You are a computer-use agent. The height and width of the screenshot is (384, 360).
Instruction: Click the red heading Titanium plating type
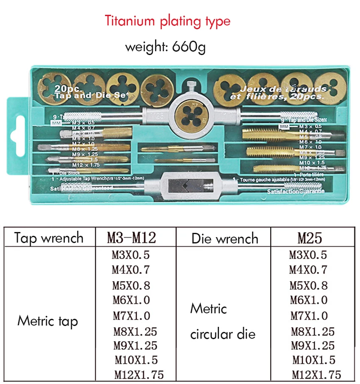coord(168,21)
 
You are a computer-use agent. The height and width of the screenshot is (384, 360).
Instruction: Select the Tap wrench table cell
coord(49,238)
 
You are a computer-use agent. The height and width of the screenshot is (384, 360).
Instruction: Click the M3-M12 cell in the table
coord(131,238)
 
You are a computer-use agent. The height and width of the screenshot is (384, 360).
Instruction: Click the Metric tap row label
coord(47,321)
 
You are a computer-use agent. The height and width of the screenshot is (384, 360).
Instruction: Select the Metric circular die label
coord(222,321)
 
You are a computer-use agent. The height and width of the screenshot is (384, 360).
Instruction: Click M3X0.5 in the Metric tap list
coord(131,255)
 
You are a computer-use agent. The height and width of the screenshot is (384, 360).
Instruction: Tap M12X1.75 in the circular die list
coord(316,374)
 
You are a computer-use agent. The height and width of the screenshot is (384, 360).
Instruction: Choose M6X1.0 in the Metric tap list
coord(131,300)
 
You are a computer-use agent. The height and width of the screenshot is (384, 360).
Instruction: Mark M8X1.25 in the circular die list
coord(313,332)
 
